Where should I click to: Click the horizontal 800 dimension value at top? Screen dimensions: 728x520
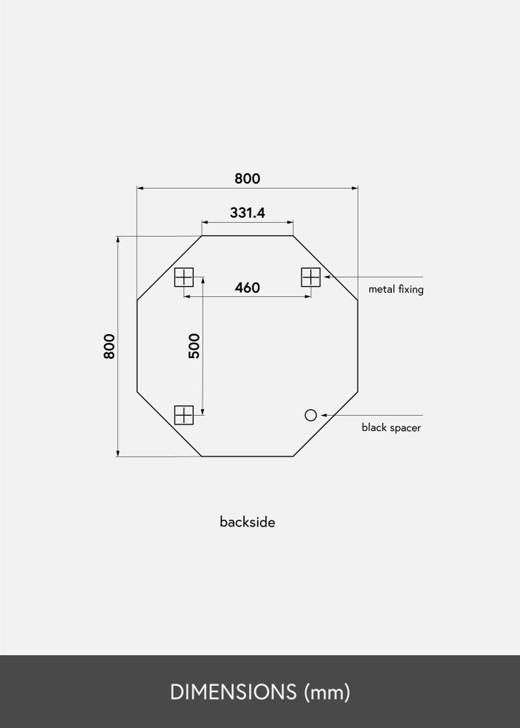(x=247, y=178)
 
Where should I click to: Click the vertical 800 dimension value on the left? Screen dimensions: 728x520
(x=109, y=346)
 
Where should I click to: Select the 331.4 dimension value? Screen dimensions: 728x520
(x=247, y=213)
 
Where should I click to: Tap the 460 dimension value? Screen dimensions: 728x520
(x=247, y=288)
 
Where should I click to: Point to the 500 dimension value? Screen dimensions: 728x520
(x=194, y=346)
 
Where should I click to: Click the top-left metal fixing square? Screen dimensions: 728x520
(x=184, y=277)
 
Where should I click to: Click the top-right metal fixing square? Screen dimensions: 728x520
(x=311, y=277)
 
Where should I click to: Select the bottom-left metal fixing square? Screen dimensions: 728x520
(x=184, y=415)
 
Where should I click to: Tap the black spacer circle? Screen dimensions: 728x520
(x=311, y=415)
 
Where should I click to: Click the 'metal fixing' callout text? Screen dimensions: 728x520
(x=395, y=289)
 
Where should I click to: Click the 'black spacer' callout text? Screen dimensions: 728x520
(x=391, y=427)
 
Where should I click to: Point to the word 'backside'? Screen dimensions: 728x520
(x=247, y=522)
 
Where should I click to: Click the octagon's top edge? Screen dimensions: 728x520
(x=247, y=236)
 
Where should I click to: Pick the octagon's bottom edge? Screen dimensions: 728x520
(x=247, y=456)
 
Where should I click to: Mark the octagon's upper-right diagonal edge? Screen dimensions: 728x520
(x=326, y=268)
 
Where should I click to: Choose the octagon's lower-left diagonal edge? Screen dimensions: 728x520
(x=169, y=424)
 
